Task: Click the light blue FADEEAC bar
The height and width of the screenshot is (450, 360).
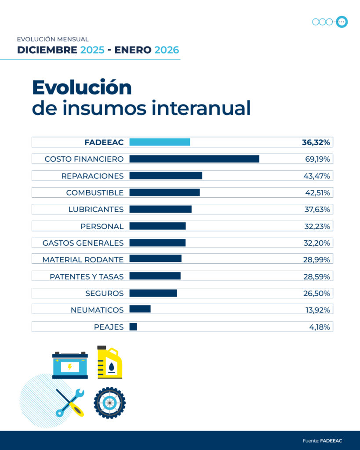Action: (160, 142)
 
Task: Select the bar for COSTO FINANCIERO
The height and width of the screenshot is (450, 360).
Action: (194, 159)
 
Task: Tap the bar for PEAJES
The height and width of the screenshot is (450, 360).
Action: (133, 327)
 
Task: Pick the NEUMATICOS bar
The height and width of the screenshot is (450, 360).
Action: (140, 309)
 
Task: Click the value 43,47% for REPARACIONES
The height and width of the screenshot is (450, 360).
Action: (317, 176)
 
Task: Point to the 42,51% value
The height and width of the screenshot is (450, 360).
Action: (317, 192)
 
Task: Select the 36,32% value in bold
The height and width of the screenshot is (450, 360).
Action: (316, 142)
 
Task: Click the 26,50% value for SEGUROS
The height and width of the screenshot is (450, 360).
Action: (317, 293)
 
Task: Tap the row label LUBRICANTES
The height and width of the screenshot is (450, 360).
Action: (96, 209)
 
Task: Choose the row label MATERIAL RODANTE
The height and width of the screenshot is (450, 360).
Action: (83, 260)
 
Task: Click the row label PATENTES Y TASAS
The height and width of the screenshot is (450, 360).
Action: (87, 276)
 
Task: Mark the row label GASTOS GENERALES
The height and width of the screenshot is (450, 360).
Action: (83, 243)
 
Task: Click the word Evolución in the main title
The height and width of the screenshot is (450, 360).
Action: (82, 87)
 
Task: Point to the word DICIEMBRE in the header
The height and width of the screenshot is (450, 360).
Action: (47, 50)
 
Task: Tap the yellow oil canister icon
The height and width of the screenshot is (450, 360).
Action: (109, 362)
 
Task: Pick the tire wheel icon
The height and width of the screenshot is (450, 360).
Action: (109, 403)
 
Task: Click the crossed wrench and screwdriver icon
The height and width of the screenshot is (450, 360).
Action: (70, 403)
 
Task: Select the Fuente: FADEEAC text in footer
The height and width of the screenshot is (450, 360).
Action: (322, 440)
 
